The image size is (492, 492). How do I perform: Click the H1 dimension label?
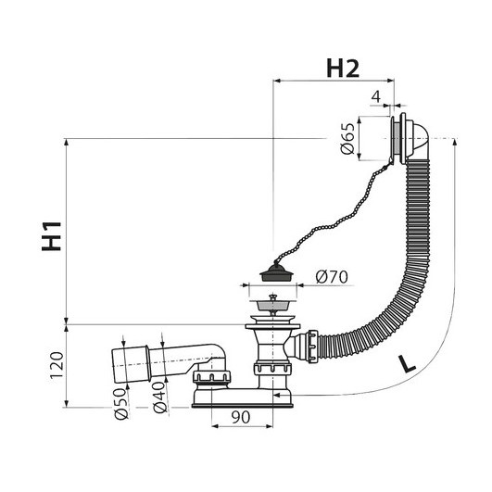click(x=52, y=236)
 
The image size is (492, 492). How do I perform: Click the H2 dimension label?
click(x=343, y=69)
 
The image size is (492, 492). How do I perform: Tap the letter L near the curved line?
click(x=407, y=364)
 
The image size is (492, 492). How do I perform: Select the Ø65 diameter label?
click(x=347, y=139)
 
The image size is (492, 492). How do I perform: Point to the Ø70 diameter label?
click(x=332, y=277)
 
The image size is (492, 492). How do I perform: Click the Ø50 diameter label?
click(x=121, y=404)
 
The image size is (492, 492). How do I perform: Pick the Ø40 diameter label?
click(x=159, y=397)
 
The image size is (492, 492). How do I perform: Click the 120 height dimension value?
click(x=57, y=365)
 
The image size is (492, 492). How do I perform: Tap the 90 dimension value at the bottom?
click(x=241, y=417)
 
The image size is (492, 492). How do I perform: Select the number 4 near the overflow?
click(x=376, y=96)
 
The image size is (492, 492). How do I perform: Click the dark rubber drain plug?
click(x=276, y=272)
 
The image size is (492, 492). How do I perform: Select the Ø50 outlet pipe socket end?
click(x=131, y=365)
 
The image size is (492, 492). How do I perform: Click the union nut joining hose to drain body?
click(x=313, y=347)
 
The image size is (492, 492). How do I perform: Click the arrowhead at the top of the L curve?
click(x=454, y=142)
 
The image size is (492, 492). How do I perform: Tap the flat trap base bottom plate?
click(x=242, y=406)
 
